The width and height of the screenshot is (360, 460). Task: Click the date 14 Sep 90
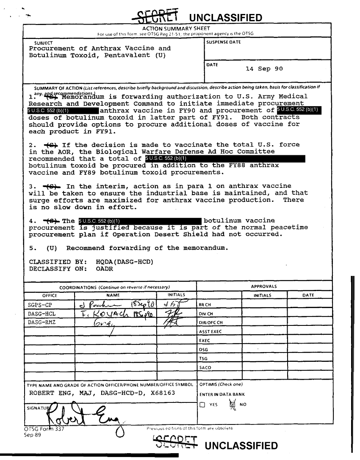coord(264,69)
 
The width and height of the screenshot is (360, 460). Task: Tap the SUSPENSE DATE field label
coord(224,42)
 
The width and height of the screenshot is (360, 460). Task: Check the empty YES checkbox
coord(202,405)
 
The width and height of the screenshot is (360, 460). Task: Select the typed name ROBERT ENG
coord(51,394)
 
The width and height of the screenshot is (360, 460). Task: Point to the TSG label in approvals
coord(203,359)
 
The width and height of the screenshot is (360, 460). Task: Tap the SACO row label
coord(205,368)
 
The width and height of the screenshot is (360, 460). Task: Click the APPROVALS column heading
coord(264,286)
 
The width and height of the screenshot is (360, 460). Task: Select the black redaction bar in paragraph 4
coord(139,221)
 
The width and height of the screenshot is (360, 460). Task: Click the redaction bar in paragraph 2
coord(225,159)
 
